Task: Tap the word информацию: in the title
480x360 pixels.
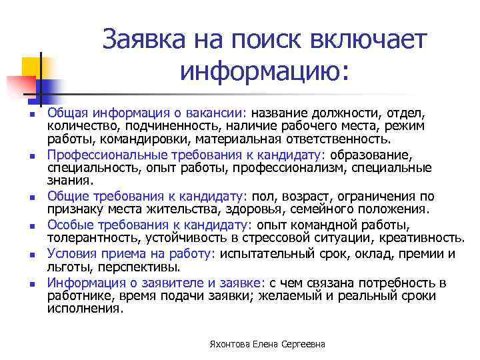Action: (264, 69)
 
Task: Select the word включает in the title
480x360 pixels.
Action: (371, 41)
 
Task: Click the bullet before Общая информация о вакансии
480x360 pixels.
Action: (31, 116)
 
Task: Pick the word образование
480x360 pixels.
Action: (371, 155)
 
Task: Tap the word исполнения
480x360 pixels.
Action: (85, 309)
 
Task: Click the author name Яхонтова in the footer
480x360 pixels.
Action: (225, 344)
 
